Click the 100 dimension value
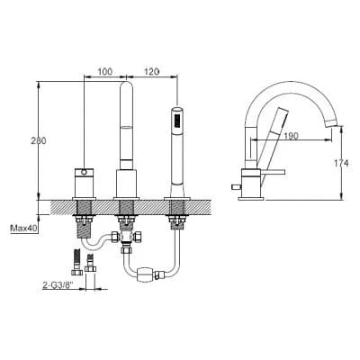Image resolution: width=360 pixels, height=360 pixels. [x=105, y=72]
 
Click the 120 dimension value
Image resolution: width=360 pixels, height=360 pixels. [x=151, y=72]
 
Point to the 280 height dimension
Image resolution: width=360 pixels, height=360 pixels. [x=39, y=140]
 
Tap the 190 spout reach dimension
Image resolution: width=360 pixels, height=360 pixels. [x=291, y=136]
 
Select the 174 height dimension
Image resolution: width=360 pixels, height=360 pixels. [x=341, y=163]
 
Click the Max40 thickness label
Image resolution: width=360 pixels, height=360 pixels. [x=23, y=229]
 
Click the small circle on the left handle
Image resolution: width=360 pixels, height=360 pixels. [x=85, y=172]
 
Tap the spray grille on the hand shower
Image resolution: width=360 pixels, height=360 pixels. [x=177, y=121]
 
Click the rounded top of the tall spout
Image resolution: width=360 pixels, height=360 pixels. [x=127, y=85]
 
